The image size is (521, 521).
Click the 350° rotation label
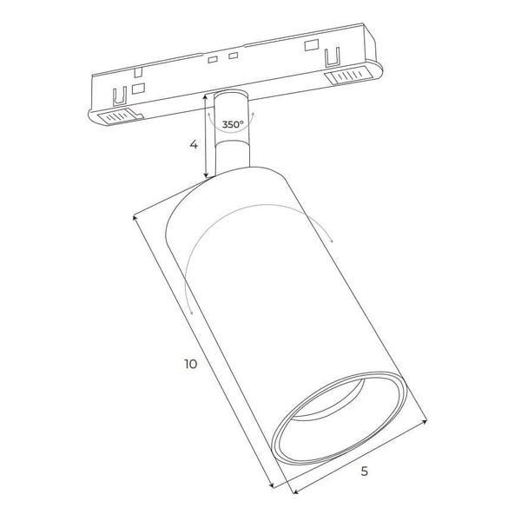(232, 125)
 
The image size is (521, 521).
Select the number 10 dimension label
(191, 364)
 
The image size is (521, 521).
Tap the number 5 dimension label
(365, 472)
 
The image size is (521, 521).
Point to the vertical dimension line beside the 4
(207, 139)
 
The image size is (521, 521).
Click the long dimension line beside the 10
(201, 347)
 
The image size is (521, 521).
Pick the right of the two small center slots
(233, 56)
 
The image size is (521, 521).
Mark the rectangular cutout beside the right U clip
(309, 44)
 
